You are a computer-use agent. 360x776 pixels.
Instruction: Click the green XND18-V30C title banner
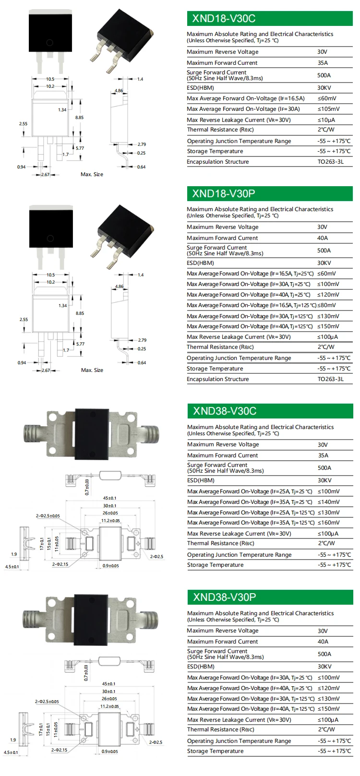click(x=269, y=19)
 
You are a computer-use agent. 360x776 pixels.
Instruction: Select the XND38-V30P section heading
click(x=269, y=597)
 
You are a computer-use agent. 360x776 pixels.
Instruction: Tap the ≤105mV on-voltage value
click(x=328, y=109)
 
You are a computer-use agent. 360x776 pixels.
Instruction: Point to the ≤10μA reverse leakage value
click(x=326, y=120)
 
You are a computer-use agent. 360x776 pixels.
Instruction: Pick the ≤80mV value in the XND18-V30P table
click(x=326, y=305)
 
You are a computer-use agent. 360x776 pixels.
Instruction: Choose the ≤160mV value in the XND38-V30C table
click(x=328, y=523)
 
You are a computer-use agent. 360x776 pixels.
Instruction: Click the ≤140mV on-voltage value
click(x=328, y=502)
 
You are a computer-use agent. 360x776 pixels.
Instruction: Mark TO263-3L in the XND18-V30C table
click(x=330, y=162)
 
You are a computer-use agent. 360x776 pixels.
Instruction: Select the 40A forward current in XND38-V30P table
click(x=323, y=642)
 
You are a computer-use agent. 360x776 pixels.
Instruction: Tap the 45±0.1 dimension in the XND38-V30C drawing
click(x=109, y=498)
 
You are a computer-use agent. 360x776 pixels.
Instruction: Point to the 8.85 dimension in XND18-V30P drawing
click(x=80, y=313)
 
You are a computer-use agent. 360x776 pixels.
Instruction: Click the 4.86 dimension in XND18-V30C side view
click(x=119, y=91)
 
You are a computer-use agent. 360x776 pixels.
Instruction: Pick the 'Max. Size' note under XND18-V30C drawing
click(x=92, y=174)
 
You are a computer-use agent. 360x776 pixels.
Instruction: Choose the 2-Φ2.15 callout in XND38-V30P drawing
click(x=60, y=750)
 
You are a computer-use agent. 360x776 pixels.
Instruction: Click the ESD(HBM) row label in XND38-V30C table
click(x=201, y=480)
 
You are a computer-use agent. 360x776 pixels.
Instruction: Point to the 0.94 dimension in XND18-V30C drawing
click(x=21, y=167)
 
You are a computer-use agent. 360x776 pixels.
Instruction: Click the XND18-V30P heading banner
click(x=269, y=194)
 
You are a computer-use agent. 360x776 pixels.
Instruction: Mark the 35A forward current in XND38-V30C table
click(x=323, y=455)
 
